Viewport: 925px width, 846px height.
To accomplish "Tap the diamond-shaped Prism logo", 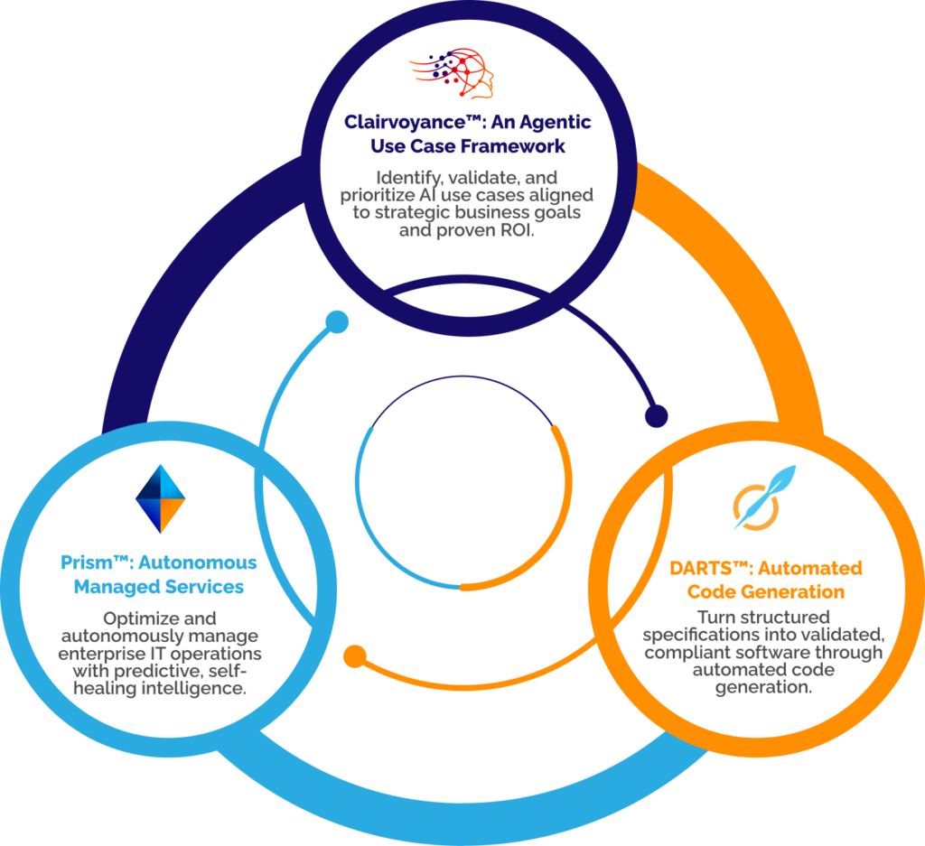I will point(160,498).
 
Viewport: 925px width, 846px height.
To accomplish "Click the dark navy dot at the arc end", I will point(656,415).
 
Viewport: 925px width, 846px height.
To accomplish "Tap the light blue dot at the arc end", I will point(337,321).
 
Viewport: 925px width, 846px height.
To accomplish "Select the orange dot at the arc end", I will point(354,654).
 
